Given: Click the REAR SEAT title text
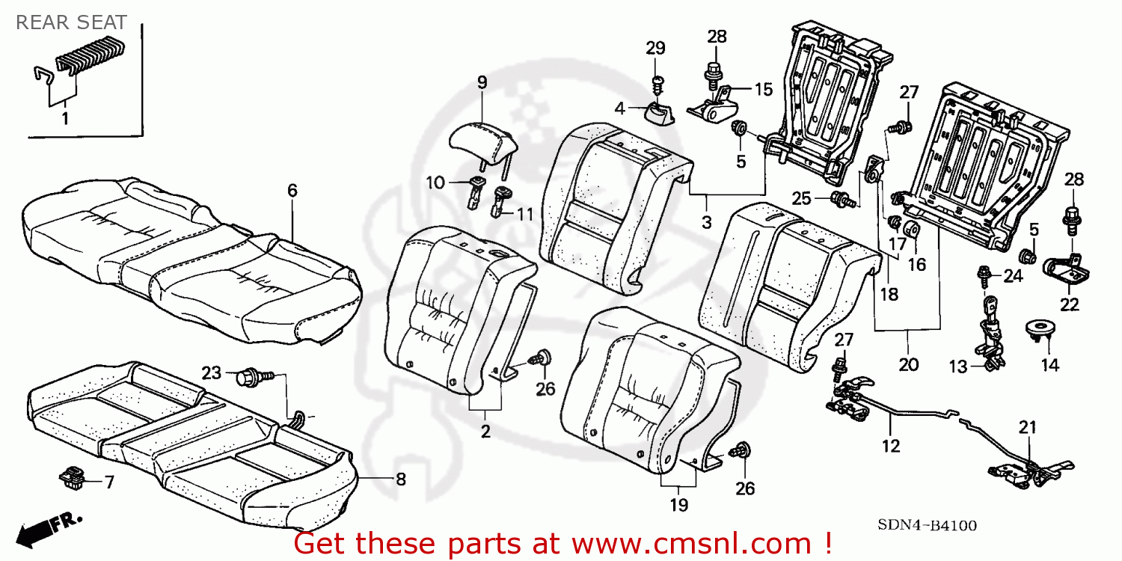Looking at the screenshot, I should pos(71,22).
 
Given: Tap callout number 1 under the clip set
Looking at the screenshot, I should pos(64,118).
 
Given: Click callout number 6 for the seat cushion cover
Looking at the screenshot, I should pos(292,191).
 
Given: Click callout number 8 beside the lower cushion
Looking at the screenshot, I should pos(400,479).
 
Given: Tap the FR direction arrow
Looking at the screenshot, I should pos(49,527).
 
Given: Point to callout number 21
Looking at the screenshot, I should pos(1028,427).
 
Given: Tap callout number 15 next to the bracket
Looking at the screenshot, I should pos(763,90).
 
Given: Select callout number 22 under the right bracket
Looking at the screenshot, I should pos(1070,304).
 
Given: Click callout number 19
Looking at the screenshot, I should pos(678,505).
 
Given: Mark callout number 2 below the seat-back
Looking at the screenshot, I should pos(485,432).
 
